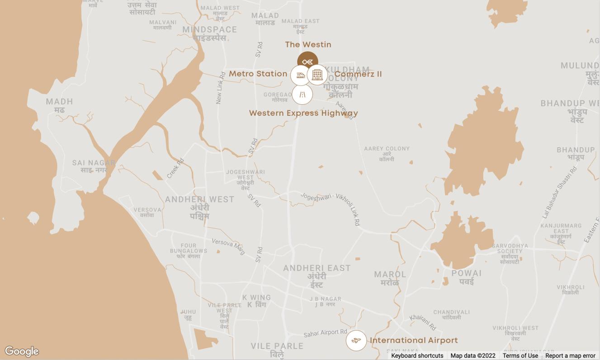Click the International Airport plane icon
click(x=356, y=341)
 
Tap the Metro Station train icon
click(x=301, y=75)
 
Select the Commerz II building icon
click(x=317, y=75)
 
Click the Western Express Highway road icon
click(x=302, y=95)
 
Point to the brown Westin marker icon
click(x=307, y=61)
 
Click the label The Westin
click(x=308, y=44)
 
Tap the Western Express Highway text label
click(x=303, y=113)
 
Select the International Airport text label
click(x=414, y=340)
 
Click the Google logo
click(x=22, y=351)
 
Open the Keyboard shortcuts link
click(x=417, y=355)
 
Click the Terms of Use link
click(x=520, y=355)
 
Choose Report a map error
click(x=570, y=355)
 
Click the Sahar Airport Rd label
click(x=325, y=333)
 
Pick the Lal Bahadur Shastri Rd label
click(x=560, y=192)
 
